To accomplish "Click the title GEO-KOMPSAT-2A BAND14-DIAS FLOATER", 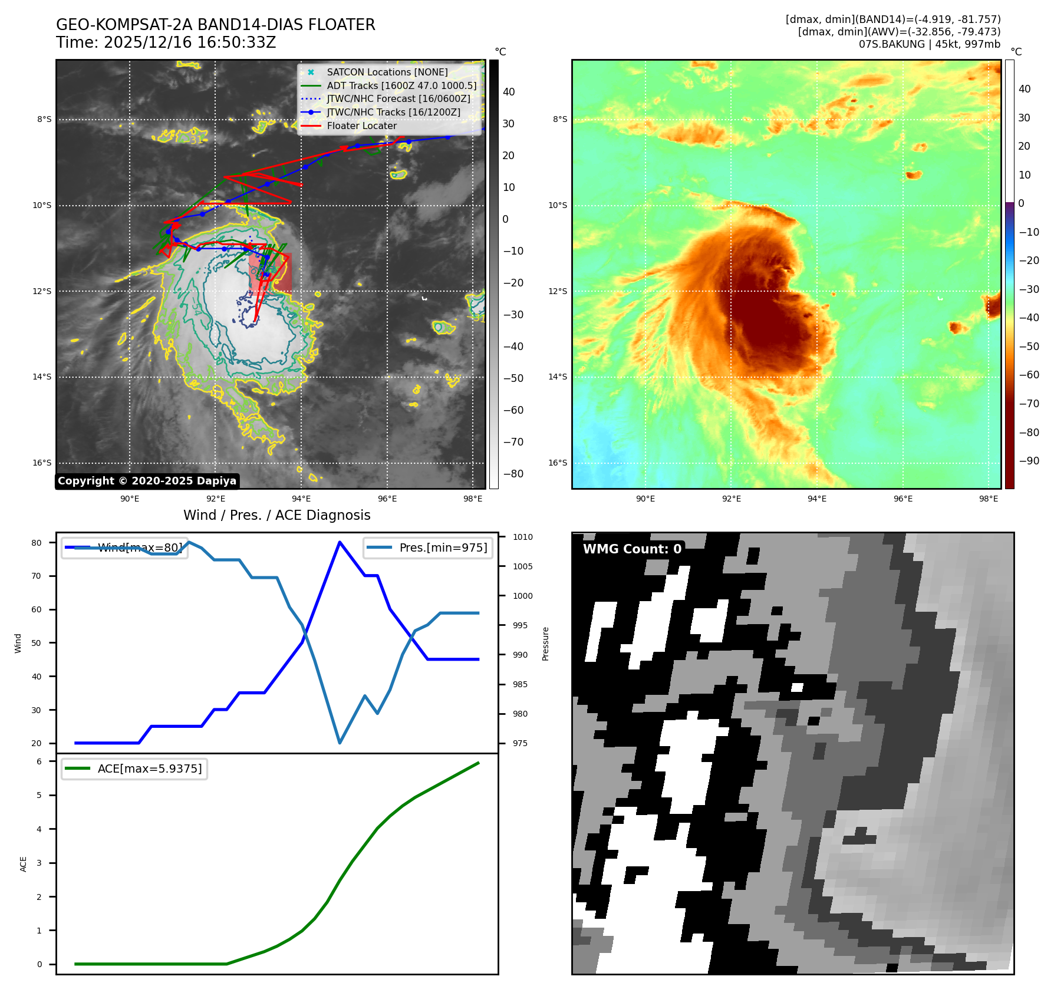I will click(215, 25).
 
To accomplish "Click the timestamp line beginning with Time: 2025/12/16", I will click(166, 42).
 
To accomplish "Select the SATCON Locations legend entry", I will click(387, 72).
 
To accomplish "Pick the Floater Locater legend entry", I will click(361, 126).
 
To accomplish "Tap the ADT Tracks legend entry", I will click(401, 85).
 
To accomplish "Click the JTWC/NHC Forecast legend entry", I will click(398, 98).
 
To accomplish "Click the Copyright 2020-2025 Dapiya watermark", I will click(147, 481).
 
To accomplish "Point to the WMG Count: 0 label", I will click(632, 549).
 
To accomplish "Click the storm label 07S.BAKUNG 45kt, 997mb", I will click(929, 44).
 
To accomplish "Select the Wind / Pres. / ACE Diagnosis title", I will click(276, 515).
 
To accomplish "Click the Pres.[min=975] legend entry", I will click(443, 548).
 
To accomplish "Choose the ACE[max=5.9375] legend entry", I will click(149, 769).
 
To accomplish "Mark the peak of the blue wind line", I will click(340, 542).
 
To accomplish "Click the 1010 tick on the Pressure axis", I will click(522, 537).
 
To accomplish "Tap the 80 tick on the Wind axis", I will click(37, 543).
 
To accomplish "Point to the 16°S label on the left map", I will click(42, 463).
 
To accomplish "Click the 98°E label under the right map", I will click(988, 499).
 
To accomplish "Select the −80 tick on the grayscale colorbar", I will click(513, 474).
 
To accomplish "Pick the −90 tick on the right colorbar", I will click(1029, 461).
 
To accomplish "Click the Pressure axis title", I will click(545, 644).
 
